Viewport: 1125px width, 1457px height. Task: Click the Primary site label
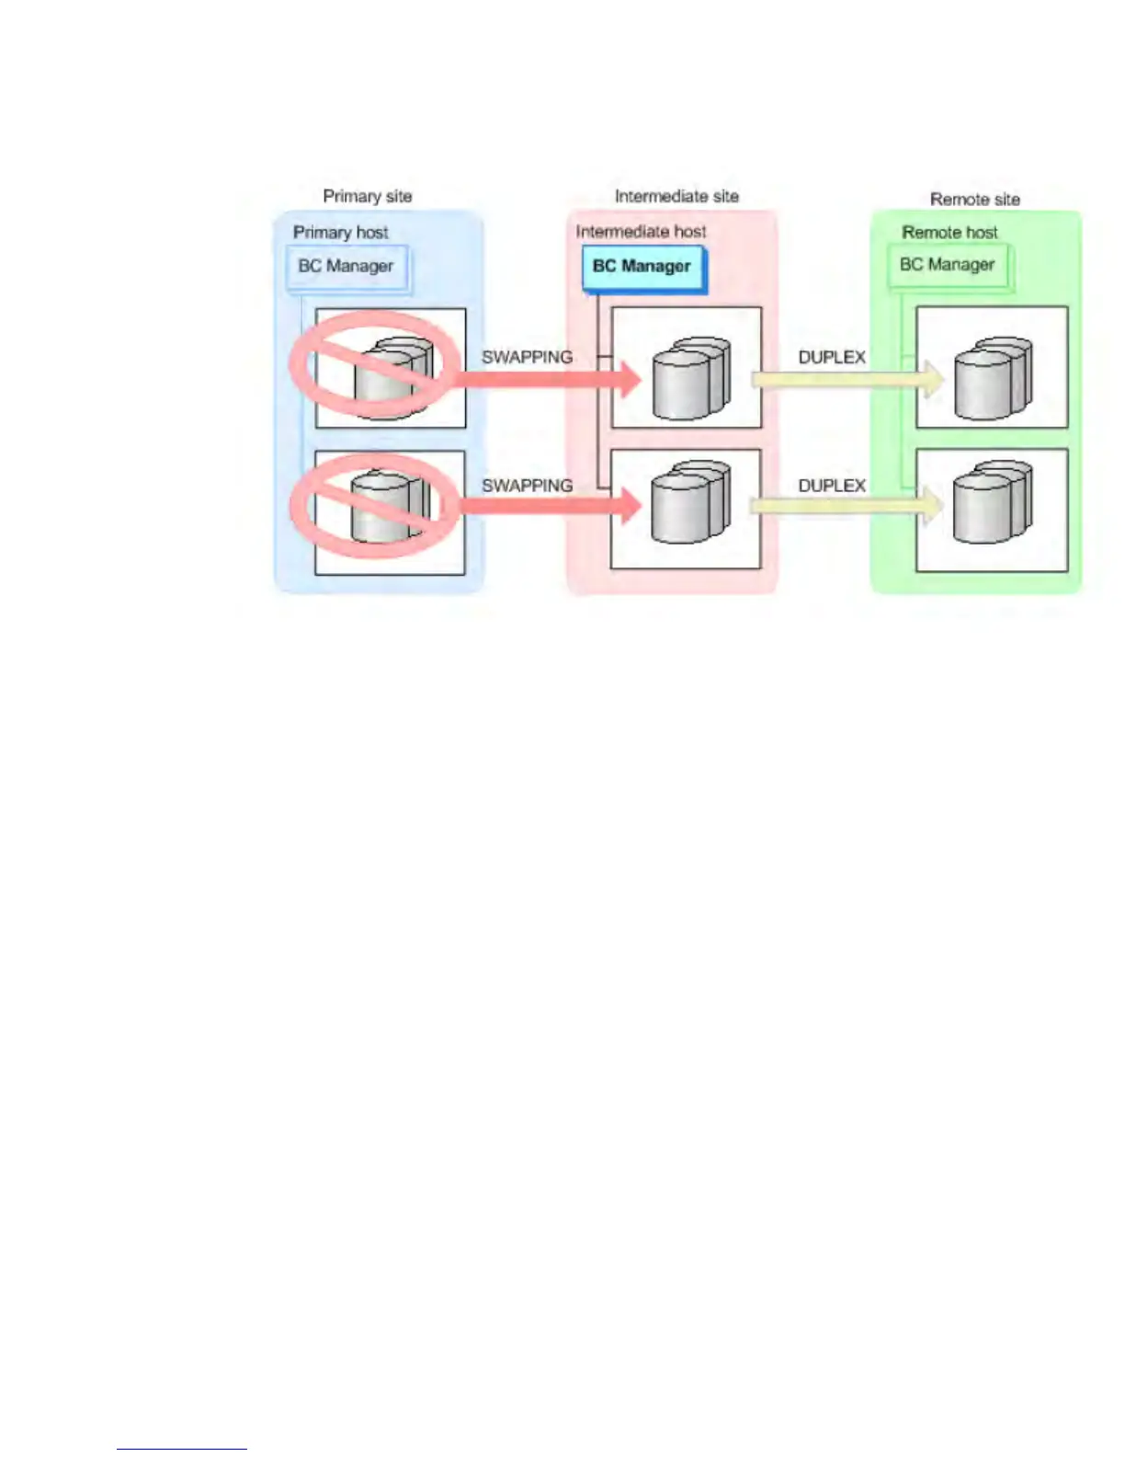click(367, 196)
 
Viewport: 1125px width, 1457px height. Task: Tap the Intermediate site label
click(676, 196)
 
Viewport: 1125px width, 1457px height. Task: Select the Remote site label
click(974, 199)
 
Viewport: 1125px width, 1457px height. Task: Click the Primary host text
click(340, 232)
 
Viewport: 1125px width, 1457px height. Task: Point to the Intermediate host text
click(641, 231)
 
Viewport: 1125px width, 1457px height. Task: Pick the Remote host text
click(949, 232)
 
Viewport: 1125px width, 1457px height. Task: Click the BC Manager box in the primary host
click(347, 267)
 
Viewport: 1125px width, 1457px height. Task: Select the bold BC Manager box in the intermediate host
click(642, 267)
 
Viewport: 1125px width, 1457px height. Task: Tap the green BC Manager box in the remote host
click(948, 265)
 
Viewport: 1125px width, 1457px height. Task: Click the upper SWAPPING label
click(527, 357)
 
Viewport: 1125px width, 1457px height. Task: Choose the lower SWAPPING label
click(527, 485)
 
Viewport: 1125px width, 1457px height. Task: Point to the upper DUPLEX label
click(832, 357)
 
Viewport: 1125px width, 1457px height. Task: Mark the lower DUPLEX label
click(832, 485)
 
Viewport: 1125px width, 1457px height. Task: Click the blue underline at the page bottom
click(181, 1449)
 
